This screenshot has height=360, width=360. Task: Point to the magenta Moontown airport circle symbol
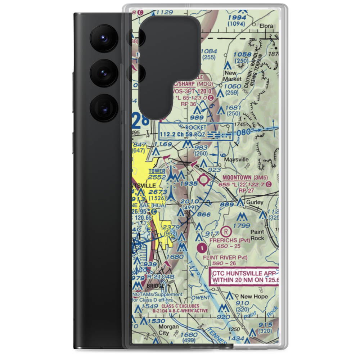coord(204,179)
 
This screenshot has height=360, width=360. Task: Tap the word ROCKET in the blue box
coord(196,127)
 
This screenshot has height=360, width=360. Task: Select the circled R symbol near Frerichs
coord(226,230)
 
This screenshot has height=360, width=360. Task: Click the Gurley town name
coord(255,203)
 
